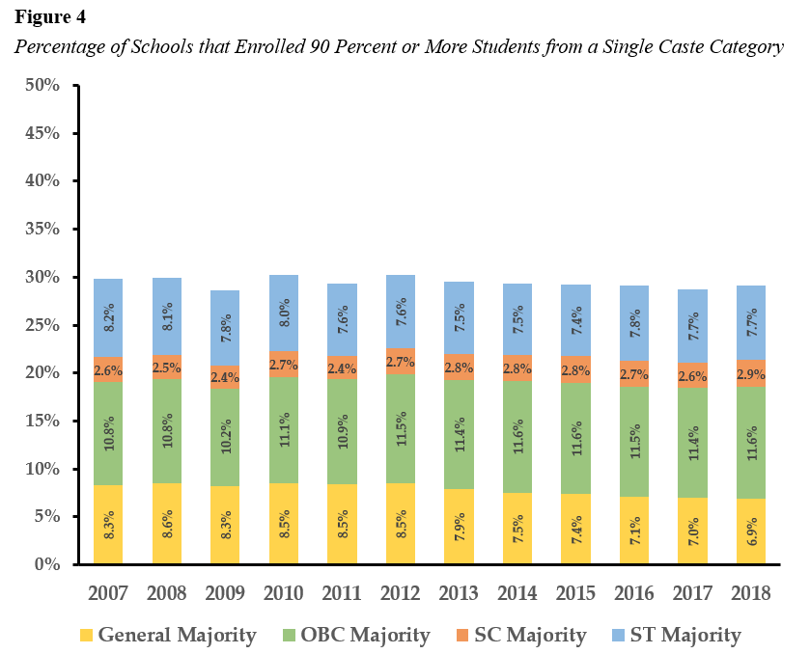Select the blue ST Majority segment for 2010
pos(284,313)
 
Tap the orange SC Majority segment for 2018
pos(750,373)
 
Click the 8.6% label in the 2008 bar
pos(167,524)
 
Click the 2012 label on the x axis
pos(400,593)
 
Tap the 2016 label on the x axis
pos(633,593)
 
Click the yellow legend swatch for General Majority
pos(86,635)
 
